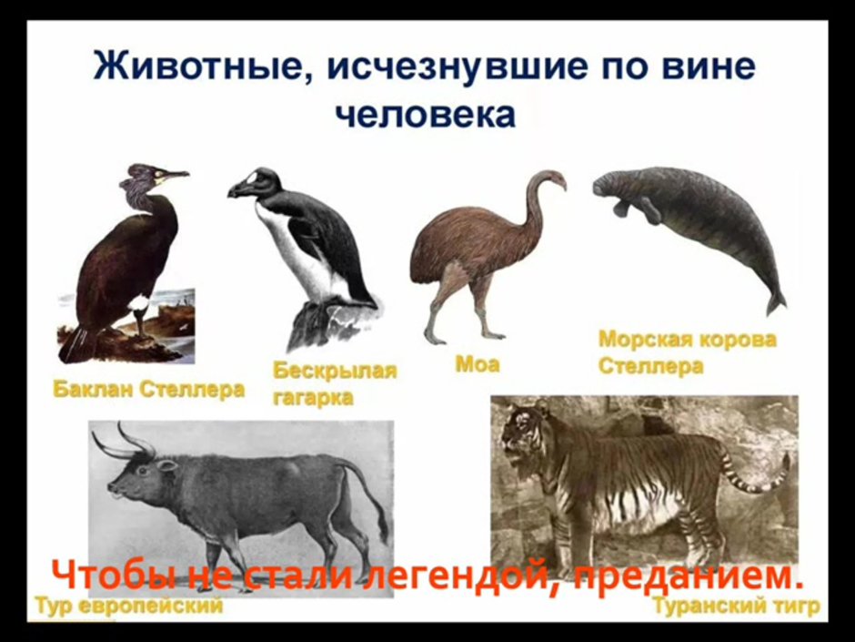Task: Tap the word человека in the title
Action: [x=427, y=115]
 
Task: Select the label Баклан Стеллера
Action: [x=148, y=390]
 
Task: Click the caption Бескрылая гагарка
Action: [x=335, y=383]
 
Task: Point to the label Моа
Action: [x=477, y=365]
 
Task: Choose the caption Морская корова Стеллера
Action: [x=687, y=352]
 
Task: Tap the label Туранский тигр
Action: [x=735, y=606]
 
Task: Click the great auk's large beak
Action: [x=244, y=188]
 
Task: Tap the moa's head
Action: [x=549, y=177]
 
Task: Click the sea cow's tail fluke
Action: [x=775, y=301]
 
